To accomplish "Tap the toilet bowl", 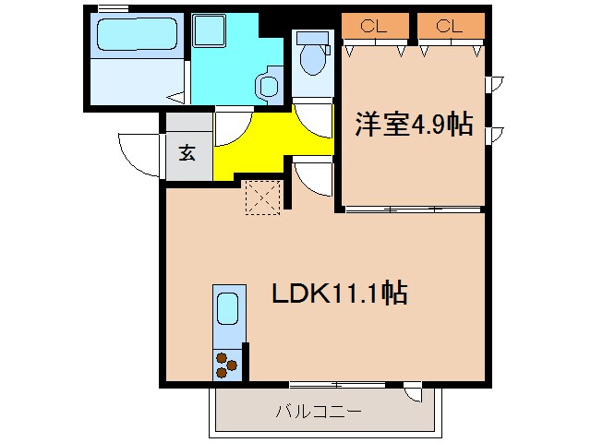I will click(x=313, y=61).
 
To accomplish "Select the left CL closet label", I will click(x=373, y=26).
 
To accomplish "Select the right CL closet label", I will click(x=449, y=26).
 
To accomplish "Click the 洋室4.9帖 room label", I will click(x=414, y=125).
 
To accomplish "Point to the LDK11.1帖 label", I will click(x=340, y=293).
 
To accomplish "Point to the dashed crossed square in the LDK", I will click(x=261, y=197).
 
